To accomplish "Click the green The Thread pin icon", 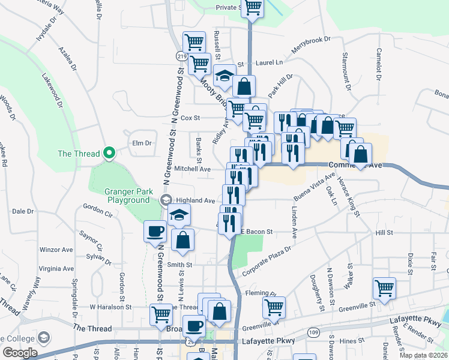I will pyautogui.click(x=109, y=154).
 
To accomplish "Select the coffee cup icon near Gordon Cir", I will pyautogui.click(x=155, y=231).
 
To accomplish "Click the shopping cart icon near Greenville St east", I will pyautogui.click(x=384, y=287).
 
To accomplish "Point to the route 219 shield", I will pyautogui.click(x=181, y=55).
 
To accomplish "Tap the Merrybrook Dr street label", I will pyautogui.click(x=311, y=47).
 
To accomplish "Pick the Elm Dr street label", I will pyautogui.click(x=142, y=143).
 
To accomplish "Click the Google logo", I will pyautogui.click(x=20, y=353).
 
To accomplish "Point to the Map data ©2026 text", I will pyautogui.click(x=423, y=355).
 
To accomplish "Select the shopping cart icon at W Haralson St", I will pyautogui.click(x=161, y=313).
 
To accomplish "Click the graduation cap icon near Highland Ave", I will pyautogui.click(x=178, y=215).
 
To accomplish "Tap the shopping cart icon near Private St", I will pyautogui.click(x=253, y=7).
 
